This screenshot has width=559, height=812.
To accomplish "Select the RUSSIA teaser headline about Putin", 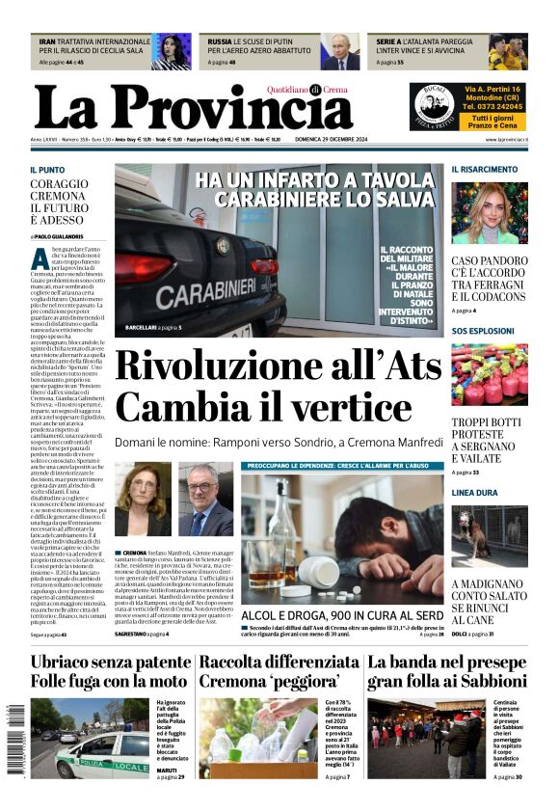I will click(264, 46).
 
